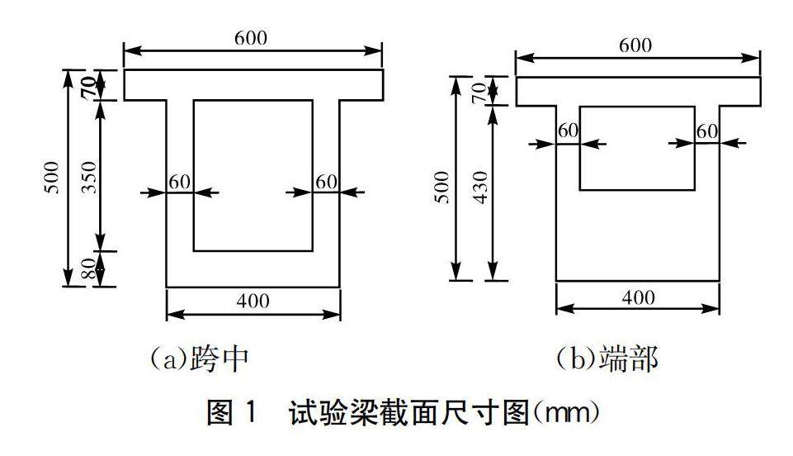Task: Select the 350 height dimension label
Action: (x=88, y=176)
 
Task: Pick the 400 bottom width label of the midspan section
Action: (x=253, y=301)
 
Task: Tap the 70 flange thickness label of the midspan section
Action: (x=88, y=86)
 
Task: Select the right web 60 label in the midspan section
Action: (x=327, y=181)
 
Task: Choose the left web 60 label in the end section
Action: (x=569, y=131)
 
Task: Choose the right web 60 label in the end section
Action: (x=706, y=131)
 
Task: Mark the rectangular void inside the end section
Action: (x=637, y=148)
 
